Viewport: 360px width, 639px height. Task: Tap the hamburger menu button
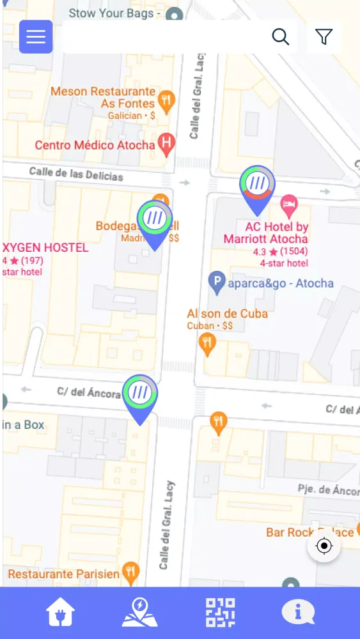pyautogui.click(x=36, y=36)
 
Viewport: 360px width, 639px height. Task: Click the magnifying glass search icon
pyautogui.click(x=281, y=36)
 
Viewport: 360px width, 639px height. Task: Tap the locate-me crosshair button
pyautogui.click(x=324, y=546)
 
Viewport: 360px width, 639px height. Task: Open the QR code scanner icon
pyautogui.click(x=219, y=612)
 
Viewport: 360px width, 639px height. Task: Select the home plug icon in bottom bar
pyautogui.click(x=60, y=612)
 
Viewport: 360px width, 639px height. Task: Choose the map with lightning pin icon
pyautogui.click(x=139, y=612)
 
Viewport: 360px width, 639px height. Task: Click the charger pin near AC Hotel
pyautogui.click(x=257, y=185)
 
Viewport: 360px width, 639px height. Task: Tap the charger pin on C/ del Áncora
pyautogui.click(x=140, y=394)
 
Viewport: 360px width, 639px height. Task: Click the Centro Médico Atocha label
pyautogui.click(x=95, y=145)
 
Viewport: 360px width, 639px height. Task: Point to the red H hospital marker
pyautogui.click(x=166, y=144)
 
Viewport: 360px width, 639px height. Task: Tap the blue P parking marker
pyautogui.click(x=217, y=282)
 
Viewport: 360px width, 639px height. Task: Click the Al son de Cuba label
pyautogui.click(x=227, y=313)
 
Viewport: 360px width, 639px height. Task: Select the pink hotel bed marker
pyautogui.click(x=290, y=205)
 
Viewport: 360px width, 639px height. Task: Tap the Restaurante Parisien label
pyautogui.click(x=63, y=574)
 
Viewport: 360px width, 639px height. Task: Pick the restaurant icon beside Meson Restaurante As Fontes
pyautogui.click(x=166, y=101)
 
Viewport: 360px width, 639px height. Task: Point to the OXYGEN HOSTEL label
pyautogui.click(x=45, y=247)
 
